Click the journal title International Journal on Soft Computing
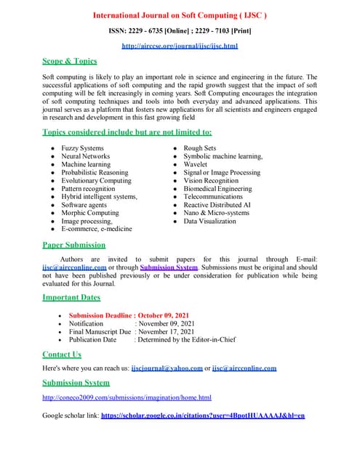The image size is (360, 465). (180, 15)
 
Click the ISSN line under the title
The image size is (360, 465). (180, 31)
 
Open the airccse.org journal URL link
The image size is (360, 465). (180, 46)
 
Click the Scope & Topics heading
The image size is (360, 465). (70, 61)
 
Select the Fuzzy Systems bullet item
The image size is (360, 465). (82, 148)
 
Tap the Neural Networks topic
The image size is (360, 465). (86, 156)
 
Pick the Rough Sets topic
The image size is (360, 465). (199, 148)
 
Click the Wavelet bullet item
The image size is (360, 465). (196, 164)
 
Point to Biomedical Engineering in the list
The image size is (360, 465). (217, 189)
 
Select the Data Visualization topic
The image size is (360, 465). (209, 221)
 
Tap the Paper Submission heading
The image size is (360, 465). (73, 245)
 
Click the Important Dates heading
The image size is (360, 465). (71, 298)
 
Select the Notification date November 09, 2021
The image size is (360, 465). (167, 323)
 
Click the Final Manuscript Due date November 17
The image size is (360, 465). (167, 331)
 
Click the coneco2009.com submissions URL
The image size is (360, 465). (127, 397)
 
